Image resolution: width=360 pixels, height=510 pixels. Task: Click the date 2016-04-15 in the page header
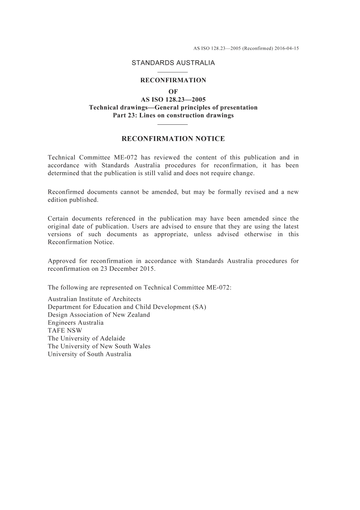(287, 49)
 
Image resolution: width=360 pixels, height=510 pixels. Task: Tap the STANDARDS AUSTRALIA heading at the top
(173, 63)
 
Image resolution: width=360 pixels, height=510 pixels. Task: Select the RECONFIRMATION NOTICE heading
(173, 139)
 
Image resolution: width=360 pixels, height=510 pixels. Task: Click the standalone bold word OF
(173, 92)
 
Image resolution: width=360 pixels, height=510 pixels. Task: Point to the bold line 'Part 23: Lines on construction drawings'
(173, 115)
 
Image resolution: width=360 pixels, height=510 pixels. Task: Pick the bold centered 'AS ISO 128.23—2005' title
(173, 100)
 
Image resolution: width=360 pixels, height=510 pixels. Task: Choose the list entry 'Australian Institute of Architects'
(94, 299)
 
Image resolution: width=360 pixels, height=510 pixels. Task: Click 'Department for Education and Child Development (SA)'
(127, 307)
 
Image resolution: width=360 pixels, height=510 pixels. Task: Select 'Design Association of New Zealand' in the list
(99, 315)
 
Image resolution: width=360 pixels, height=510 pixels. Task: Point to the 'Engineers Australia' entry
(76, 323)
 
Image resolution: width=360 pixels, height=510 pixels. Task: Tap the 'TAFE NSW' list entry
(65, 331)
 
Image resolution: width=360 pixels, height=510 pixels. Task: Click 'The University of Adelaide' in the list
(86, 339)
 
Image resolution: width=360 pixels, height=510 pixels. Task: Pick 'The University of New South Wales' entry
(99, 347)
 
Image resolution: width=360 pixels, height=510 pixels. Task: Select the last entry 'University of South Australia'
(89, 355)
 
